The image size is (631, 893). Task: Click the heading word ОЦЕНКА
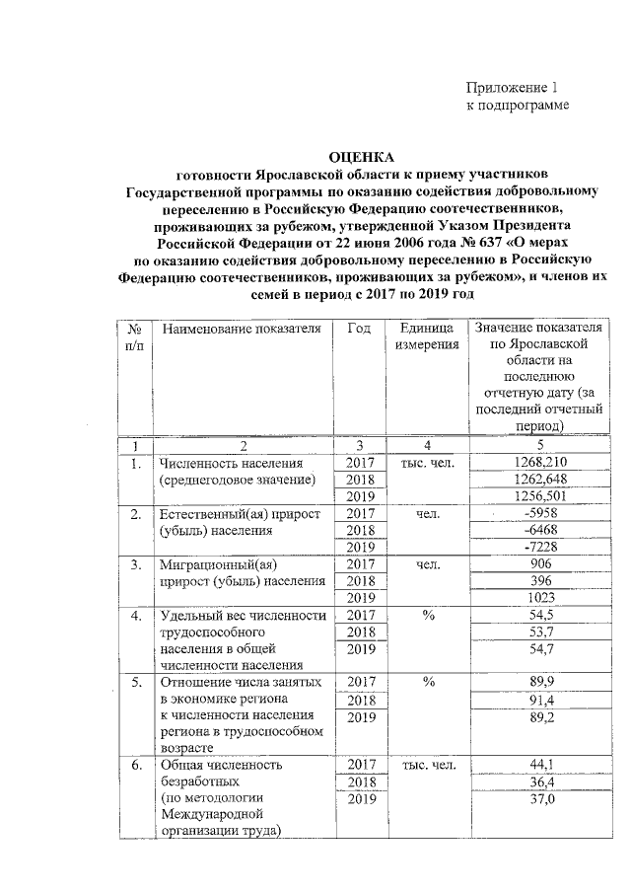click(359, 156)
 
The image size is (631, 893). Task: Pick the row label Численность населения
click(230, 462)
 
